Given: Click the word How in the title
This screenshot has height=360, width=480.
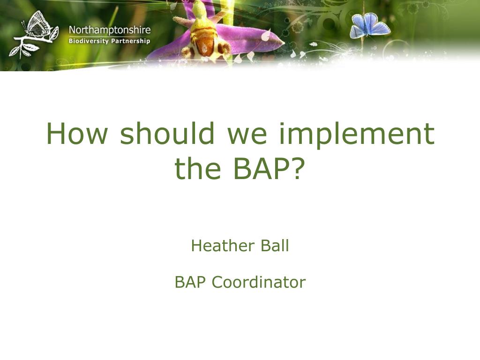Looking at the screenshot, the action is (77, 133).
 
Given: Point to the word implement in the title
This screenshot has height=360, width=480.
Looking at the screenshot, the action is (357, 135).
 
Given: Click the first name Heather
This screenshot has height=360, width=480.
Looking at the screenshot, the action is (223, 245).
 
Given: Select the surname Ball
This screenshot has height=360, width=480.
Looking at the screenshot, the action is (275, 245).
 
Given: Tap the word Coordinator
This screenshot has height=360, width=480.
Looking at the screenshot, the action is (259, 282).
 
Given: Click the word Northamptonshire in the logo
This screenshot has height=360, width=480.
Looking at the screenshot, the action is (110, 30).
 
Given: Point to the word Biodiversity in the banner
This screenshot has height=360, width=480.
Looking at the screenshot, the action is (89, 41).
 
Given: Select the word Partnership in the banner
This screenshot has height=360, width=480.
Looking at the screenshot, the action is (130, 41).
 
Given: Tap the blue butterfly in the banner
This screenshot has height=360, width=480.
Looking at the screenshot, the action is (369, 25).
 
